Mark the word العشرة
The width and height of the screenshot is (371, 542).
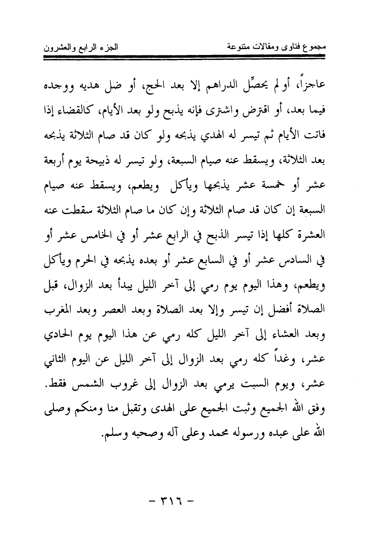pos(314,234)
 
